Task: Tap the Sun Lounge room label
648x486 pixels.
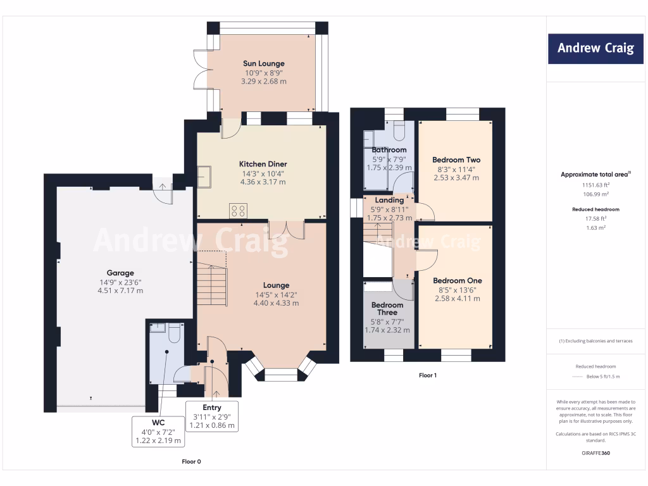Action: pyautogui.click(x=263, y=63)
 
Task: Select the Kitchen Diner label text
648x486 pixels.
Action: pyautogui.click(x=263, y=164)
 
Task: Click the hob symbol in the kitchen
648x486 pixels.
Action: pyautogui.click(x=238, y=211)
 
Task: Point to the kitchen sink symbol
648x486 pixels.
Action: pyautogui.click(x=204, y=177)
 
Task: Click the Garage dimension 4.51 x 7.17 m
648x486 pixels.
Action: pyautogui.click(x=120, y=290)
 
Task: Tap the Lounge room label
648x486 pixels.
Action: pyautogui.click(x=276, y=285)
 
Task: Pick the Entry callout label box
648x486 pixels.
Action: pyautogui.click(x=212, y=416)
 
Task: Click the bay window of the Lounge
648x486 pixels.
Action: pyautogui.click(x=279, y=374)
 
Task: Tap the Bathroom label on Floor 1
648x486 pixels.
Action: pyautogui.click(x=389, y=150)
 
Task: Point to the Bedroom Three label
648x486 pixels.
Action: pyautogui.click(x=387, y=309)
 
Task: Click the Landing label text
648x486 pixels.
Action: pyautogui.click(x=389, y=200)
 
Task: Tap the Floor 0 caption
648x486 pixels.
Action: pyautogui.click(x=191, y=461)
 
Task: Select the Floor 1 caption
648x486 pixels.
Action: pyautogui.click(x=428, y=375)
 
